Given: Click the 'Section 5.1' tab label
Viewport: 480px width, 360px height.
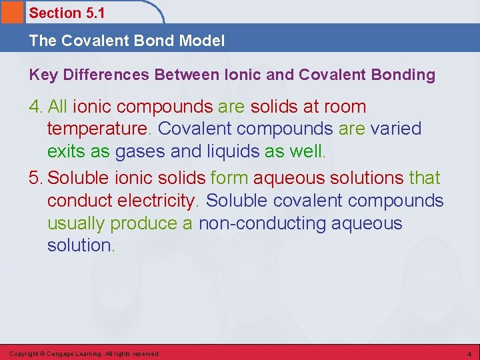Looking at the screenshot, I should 67,13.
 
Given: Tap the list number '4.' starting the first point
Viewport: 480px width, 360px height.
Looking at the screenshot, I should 37,107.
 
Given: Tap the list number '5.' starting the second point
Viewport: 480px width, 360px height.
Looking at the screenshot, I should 37,178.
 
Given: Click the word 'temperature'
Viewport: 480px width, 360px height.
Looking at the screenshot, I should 99,128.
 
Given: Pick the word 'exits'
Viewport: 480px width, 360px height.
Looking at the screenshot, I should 66,151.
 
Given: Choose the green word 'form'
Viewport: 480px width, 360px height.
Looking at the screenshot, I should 229,178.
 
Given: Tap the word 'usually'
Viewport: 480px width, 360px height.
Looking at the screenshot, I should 76,223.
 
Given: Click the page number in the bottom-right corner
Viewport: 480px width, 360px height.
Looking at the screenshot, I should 469,353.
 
